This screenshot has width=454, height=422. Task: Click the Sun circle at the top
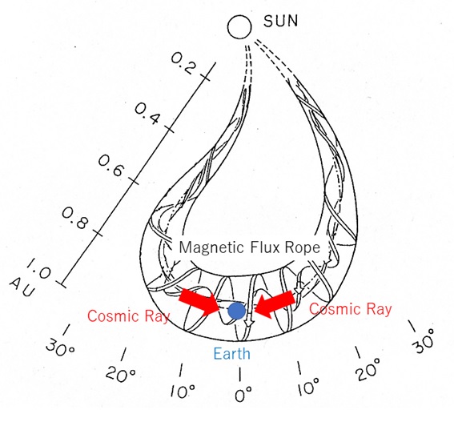[239, 26]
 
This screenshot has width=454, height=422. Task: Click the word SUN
[280, 21]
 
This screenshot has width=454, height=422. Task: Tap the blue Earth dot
[237, 311]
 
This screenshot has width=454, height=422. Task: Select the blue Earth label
[231, 354]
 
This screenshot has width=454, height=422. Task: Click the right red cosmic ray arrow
[275, 304]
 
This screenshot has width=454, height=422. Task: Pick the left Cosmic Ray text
[128, 316]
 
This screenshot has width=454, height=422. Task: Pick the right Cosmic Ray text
[351, 309]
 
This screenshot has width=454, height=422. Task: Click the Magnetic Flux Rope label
[250, 247]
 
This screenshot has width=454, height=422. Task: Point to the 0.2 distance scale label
[183, 63]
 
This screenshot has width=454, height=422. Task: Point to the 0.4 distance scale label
[147, 114]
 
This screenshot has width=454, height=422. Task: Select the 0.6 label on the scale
[110, 166]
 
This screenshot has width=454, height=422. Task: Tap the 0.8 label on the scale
[74, 218]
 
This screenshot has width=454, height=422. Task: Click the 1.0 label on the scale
[39, 269]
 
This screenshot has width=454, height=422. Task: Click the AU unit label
[22, 288]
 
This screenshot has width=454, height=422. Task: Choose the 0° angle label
[243, 394]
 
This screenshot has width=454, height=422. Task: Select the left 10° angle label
[183, 391]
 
